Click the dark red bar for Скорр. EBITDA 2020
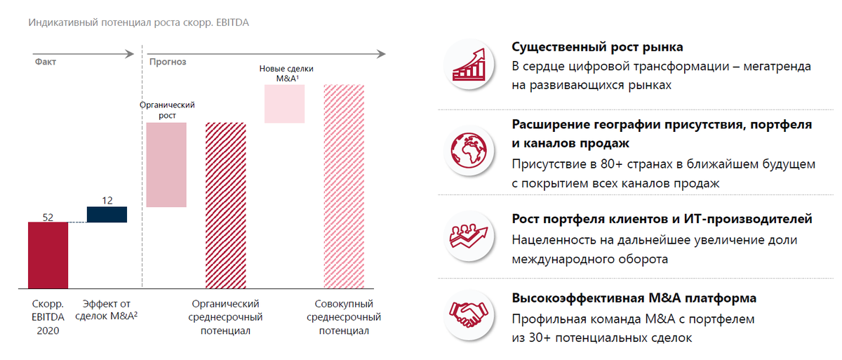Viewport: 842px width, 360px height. tap(48, 255)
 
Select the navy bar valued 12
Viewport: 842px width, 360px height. tap(107, 214)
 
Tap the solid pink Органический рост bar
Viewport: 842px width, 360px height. tap(166, 165)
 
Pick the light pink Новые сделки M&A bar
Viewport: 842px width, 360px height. tap(284, 104)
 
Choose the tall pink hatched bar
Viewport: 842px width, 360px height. tap(344, 186)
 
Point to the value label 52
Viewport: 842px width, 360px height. tap(48, 217)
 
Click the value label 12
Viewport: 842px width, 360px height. tap(107, 201)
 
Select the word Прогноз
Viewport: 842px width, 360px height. tap(167, 62)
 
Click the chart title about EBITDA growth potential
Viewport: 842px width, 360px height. tap(138, 22)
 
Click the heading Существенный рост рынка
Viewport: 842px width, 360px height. tap(597, 47)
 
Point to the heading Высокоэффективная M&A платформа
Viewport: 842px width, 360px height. tap(634, 298)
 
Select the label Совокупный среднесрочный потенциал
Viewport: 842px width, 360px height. tap(344, 317)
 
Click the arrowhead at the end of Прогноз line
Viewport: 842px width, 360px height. tap(381, 53)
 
